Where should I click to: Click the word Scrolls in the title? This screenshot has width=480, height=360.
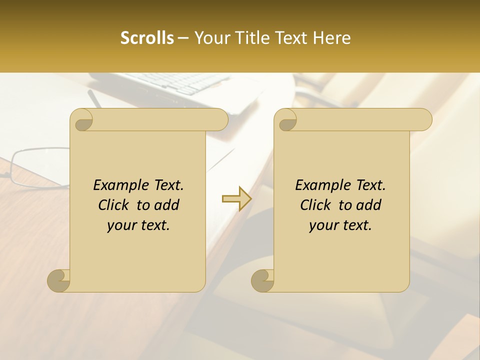click(147, 38)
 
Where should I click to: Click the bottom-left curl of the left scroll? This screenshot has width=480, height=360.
click(59, 280)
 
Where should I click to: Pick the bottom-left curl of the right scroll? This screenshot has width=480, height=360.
click(262, 280)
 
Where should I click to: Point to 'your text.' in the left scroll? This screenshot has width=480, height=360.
click(138, 225)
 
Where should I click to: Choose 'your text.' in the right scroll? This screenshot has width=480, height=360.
click(340, 225)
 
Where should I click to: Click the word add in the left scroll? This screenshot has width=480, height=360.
click(167, 205)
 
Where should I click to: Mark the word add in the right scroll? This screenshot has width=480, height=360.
click(369, 205)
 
